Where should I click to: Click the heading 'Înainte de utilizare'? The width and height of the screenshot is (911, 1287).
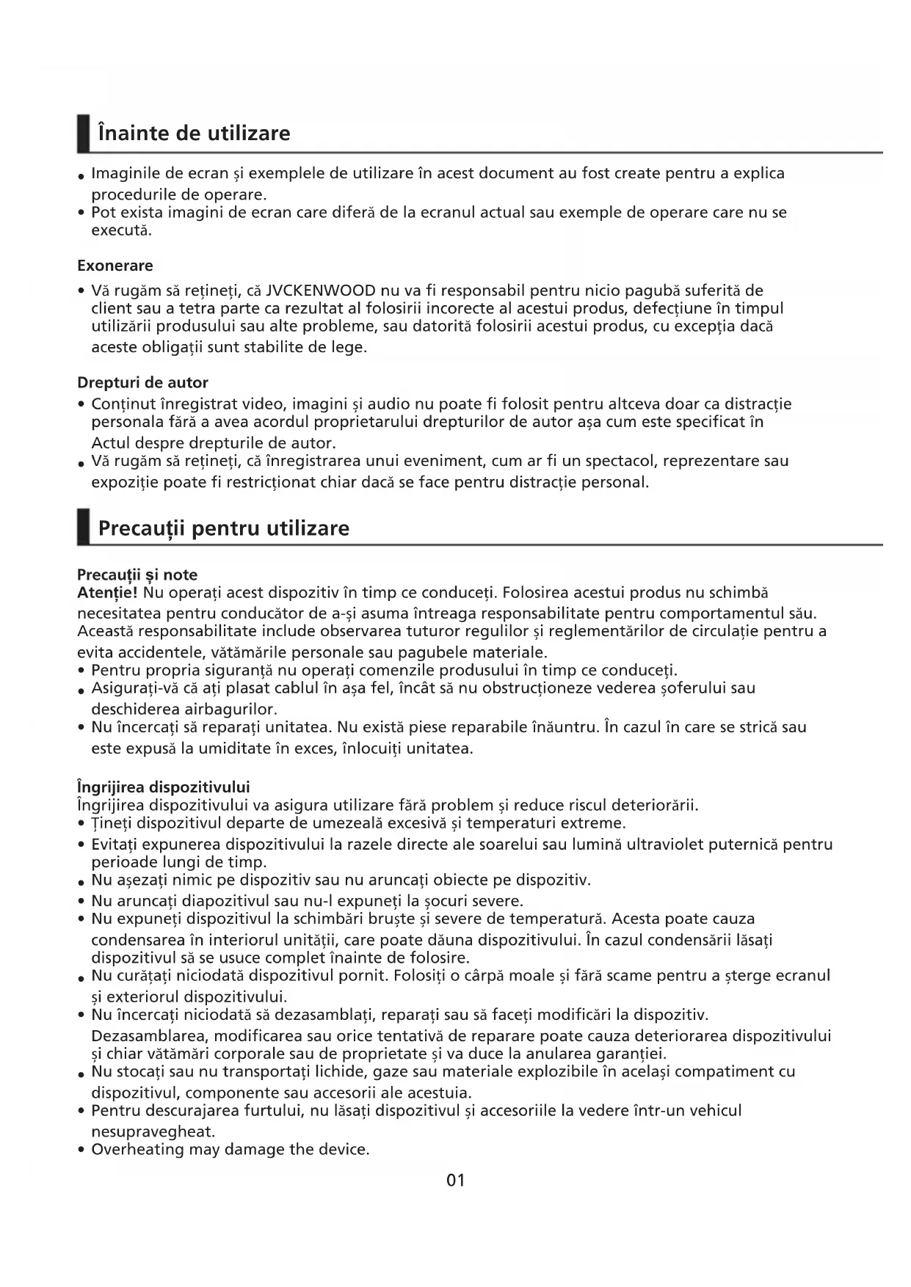(195, 134)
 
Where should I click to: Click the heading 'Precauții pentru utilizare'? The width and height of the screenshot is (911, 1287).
(224, 528)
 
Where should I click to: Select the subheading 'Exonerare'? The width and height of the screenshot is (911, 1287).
(115, 266)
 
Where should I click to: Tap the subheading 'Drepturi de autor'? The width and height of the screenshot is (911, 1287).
(142, 382)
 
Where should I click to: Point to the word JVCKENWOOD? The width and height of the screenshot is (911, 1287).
(321, 291)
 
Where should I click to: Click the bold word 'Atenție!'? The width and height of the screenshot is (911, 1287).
(108, 592)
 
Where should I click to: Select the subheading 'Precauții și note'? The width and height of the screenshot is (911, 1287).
(137, 575)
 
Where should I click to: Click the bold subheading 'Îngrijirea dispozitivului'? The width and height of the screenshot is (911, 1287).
(164, 787)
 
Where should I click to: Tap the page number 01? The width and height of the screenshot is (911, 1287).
(455, 1180)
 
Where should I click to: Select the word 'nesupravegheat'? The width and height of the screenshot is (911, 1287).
(153, 1131)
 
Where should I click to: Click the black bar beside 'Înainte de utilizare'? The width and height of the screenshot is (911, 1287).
(84, 134)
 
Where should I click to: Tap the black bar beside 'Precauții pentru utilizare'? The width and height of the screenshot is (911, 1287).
(84, 527)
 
